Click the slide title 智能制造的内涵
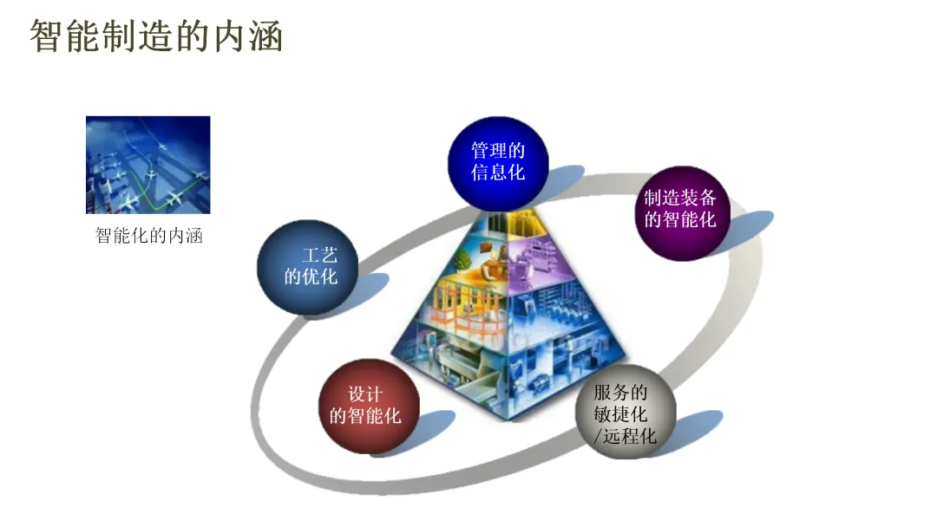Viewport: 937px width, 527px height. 156,36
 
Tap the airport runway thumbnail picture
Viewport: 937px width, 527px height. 147,165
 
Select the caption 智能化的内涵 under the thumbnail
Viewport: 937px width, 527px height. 148,236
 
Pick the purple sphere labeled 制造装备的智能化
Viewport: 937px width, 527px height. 681,211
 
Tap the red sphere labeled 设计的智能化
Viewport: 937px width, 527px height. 368,405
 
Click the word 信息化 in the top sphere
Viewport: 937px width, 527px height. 498,172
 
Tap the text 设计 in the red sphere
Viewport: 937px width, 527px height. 365,394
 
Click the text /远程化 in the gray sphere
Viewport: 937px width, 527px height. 625,435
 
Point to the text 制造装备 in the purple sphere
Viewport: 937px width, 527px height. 681,198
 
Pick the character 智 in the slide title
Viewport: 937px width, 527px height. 45,36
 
